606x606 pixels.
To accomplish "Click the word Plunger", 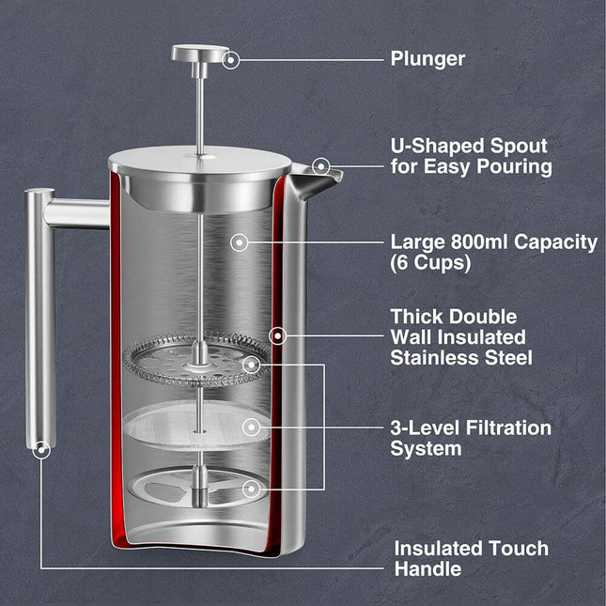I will click(x=427, y=58).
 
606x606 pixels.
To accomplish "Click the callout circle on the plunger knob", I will click(x=231, y=59).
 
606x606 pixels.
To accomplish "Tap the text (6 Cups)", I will click(x=430, y=264).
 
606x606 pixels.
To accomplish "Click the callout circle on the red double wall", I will click(x=278, y=334).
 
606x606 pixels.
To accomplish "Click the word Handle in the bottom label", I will click(x=427, y=569).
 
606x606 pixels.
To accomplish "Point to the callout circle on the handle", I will click(x=39, y=451).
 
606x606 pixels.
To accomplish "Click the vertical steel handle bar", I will click(x=39, y=319).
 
